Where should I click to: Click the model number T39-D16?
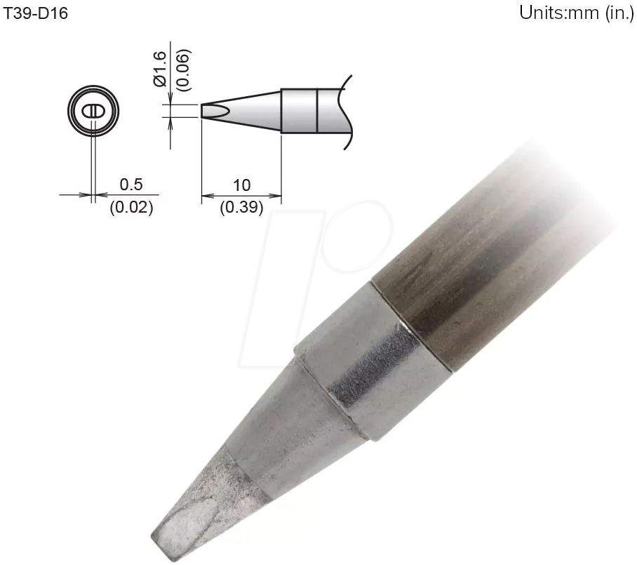(36, 13)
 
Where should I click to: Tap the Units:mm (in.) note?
(576, 13)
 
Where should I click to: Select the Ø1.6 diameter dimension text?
(159, 68)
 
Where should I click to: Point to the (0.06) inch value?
(182, 69)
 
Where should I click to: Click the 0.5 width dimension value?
(131, 185)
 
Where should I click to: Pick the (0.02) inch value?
(131, 208)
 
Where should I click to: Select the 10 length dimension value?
(241, 185)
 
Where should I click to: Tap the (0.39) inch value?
(241, 208)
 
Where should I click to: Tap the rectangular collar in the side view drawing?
(300, 111)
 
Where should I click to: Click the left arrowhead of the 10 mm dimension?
(205, 196)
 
